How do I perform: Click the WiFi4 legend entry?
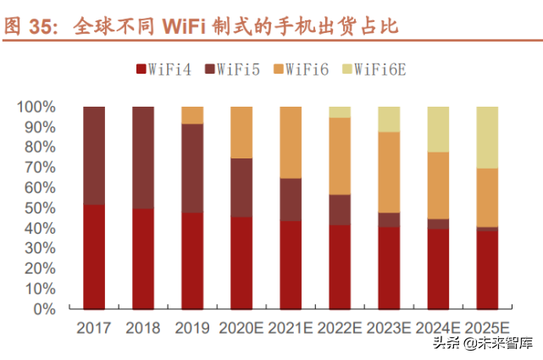pyautogui.click(x=163, y=69)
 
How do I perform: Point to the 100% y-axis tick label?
pyautogui.click(x=36, y=108)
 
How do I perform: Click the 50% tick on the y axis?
pyautogui.click(x=40, y=208)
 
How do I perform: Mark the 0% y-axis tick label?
pyautogui.click(x=44, y=309)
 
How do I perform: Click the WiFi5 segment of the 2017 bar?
pyautogui.click(x=94, y=156)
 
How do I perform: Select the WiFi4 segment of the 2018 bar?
pyautogui.click(x=143, y=258)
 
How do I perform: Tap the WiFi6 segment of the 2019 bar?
pyautogui.click(x=192, y=115)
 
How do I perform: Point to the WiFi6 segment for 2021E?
pyautogui.click(x=291, y=142)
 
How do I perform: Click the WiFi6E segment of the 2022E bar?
pyautogui.click(x=340, y=112)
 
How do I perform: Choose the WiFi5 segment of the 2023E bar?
pyautogui.click(x=389, y=219)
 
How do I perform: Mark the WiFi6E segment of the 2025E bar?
pyautogui.click(x=487, y=137)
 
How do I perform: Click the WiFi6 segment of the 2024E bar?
pyautogui.click(x=438, y=186)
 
